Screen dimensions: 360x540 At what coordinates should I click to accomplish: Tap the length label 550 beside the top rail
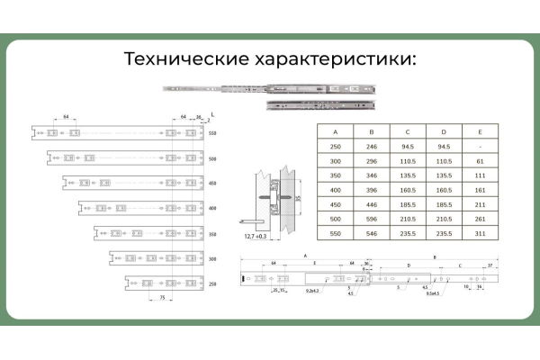(x=213, y=133)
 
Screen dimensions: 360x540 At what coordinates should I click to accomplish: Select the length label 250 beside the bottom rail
(x=213, y=283)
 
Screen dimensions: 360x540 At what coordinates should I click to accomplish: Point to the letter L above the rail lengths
(x=211, y=115)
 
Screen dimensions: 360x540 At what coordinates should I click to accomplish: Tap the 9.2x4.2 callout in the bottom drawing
(x=313, y=292)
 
